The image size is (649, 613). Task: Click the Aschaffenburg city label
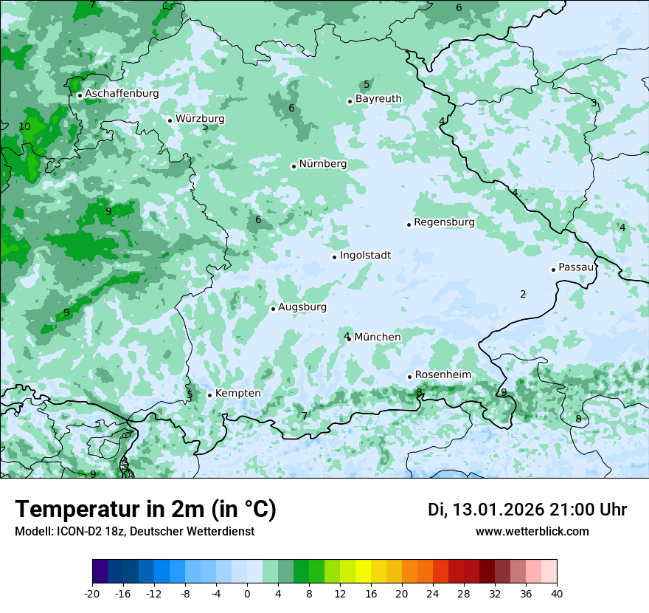click(x=122, y=94)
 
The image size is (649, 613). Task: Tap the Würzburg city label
click(x=200, y=119)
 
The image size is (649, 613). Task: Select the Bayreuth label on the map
click(x=378, y=99)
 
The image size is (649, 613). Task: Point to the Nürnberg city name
click(x=322, y=164)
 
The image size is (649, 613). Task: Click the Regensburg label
click(x=444, y=222)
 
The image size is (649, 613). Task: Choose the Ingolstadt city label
click(x=365, y=256)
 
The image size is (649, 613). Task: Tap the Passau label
click(x=575, y=267)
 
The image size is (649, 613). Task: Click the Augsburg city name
click(x=302, y=307)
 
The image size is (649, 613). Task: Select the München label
click(x=378, y=338)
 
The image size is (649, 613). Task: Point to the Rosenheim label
click(x=442, y=375)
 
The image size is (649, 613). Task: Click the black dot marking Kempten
click(x=209, y=395)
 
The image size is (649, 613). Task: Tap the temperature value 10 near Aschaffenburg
click(x=24, y=126)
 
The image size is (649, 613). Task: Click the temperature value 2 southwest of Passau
click(x=523, y=294)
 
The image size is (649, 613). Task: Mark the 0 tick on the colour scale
click(x=247, y=593)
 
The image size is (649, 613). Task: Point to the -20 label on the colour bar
click(x=92, y=593)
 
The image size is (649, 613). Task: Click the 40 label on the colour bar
click(x=557, y=593)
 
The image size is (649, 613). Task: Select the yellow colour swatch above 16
click(x=371, y=572)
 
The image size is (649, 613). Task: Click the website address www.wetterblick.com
click(x=532, y=532)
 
